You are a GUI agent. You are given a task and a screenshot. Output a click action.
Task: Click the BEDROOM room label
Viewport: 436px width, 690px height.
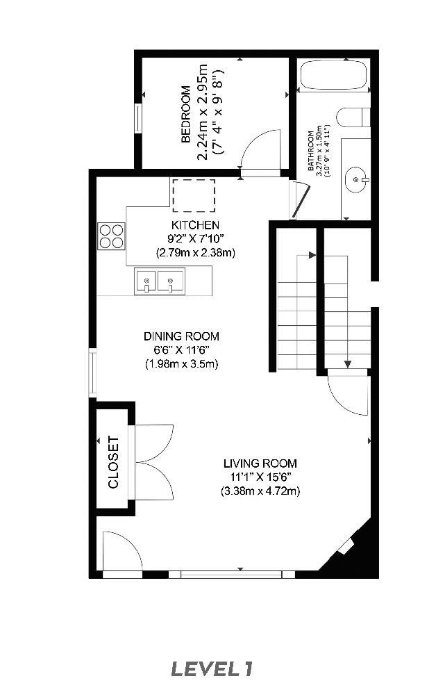click(x=185, y=115)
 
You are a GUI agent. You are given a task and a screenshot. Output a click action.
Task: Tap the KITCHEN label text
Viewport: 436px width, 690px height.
click(x=195, y=225)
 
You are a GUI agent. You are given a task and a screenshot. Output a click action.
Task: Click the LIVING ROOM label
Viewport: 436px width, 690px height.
click(x=260, y=463)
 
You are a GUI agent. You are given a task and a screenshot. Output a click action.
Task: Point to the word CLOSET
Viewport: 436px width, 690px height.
click(x=114, y=462)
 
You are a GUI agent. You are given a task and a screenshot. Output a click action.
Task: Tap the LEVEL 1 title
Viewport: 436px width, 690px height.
click(x=212, y=669)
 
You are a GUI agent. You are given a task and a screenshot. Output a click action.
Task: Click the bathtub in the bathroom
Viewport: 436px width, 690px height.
click(x=333, y=76)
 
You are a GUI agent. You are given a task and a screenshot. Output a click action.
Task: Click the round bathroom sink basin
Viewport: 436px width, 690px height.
click(x=358, y=180)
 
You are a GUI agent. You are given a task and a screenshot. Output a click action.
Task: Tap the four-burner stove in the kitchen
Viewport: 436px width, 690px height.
click(x=112, y=236)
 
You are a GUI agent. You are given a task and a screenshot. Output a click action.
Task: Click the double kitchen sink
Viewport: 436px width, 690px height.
click(x=160, y=281)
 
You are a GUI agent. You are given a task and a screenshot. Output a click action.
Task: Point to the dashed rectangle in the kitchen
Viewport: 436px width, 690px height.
click(x=194, y=195)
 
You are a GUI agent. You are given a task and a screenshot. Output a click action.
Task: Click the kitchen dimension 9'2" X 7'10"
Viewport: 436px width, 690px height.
click(x=195, y=239)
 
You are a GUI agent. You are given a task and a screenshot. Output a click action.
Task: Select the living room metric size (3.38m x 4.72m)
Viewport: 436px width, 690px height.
click(x=260, y=491)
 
